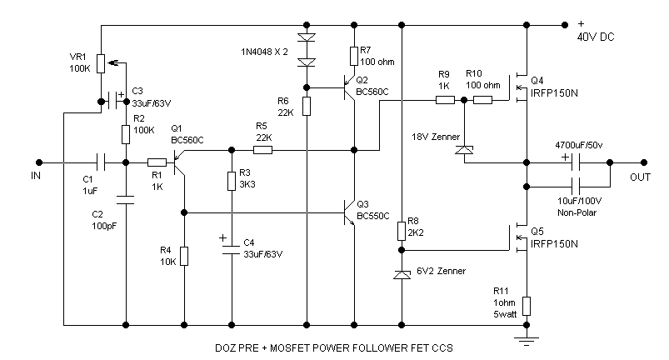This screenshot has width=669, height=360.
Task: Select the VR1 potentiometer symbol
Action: (100, 63)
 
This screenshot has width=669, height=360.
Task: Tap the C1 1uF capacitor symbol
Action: (101, 161)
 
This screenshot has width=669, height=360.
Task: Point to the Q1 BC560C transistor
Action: (178, 164)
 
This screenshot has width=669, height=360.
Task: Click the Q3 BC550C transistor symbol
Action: (349, 213)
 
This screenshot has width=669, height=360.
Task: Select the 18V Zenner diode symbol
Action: (463, 150)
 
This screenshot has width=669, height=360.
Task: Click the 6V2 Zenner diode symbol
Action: (402, 274)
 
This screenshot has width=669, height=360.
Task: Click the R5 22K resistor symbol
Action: (262, 151)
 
